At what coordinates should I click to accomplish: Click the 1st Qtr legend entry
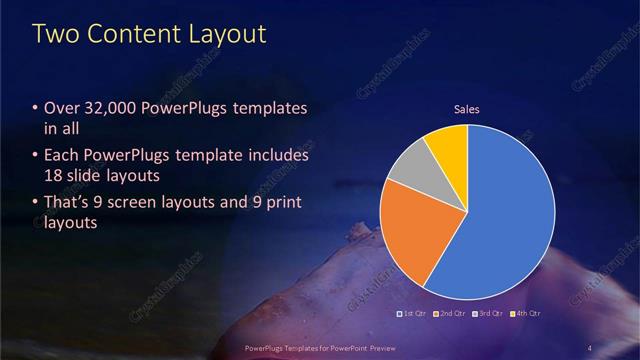[415, 314]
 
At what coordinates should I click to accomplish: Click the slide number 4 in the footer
[591, 347]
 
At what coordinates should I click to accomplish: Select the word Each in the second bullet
[61, 156]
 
